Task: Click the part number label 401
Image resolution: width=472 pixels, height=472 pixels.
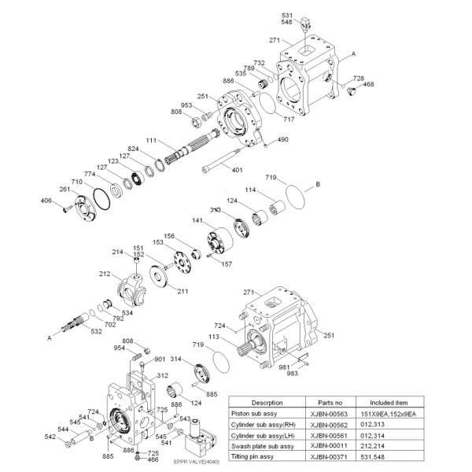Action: coord(237,169)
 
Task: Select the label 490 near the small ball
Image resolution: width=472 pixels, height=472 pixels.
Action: coord(282,139)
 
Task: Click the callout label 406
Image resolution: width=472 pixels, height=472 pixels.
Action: coord(46,201)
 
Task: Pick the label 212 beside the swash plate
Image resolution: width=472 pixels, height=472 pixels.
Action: coord(105,274)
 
